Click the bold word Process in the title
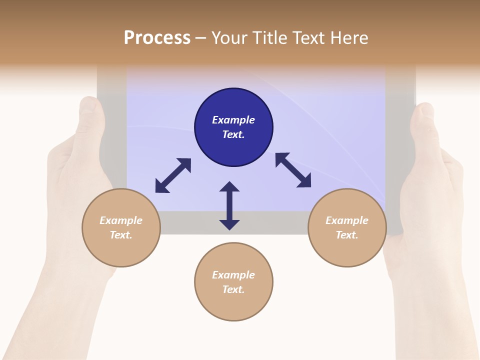pyautogui.click(x=157, y=38)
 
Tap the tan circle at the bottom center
pyautogui.click(x=233, y=305)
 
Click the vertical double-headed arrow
pyautogui.click(x=229, y=206)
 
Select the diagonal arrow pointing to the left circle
pyautogui.click(x=173, y=175)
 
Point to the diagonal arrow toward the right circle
pyautogui.click(x=293, y=170)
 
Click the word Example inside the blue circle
pyautogui.click(x=233, y=120)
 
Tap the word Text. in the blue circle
pyautogui.click(x=233, y=134)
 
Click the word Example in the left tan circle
pyautogui.click(x=121, y=220)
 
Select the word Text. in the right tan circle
pyautogui.click(x=347, y=235)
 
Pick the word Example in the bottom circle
pyautogui.click(x=233, y=275)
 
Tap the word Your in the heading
pyautogui.click(x=229, y=38)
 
